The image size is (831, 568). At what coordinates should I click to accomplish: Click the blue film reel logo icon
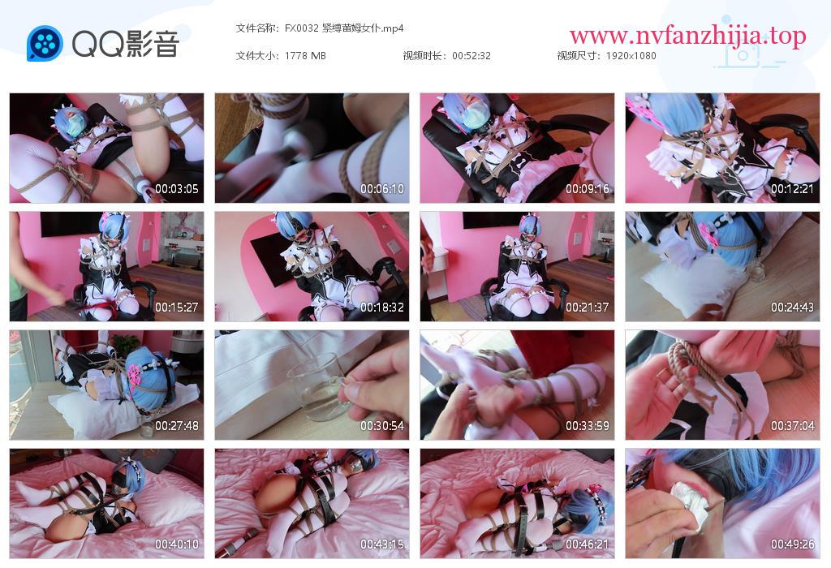pos(45,44)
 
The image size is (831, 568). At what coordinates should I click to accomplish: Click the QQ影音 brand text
pos(126,44)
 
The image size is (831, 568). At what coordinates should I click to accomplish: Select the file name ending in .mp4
pos(344,28)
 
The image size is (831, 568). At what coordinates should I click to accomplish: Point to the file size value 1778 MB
pos(305,56)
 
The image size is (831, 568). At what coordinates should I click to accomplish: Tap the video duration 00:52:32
pos(471,56)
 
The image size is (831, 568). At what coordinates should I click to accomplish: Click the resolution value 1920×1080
pos(631,56)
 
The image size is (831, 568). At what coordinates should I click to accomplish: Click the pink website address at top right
pos(688,36)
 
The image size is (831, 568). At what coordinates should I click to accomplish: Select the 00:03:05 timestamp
pos(176,188)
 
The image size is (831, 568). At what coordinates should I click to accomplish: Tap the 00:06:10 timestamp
pos(382,188)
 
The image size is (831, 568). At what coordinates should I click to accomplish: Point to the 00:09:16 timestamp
pos(588,188)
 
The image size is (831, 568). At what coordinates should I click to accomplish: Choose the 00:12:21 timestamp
pos(792,188)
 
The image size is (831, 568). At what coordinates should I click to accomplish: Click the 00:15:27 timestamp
pos(176,308)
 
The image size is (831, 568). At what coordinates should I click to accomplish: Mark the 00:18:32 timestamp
pos(382,308)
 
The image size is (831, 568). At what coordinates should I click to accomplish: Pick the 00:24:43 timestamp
pos(792,308)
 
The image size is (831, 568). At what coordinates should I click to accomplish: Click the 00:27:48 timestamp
pos(176,426)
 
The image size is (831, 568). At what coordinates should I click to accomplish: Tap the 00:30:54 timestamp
pos(382,426)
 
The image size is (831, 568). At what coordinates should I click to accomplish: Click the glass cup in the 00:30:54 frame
pos(317,391)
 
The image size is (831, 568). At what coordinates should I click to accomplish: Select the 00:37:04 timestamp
pos(792,426)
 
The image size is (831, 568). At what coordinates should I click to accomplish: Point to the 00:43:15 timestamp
pos(382,544)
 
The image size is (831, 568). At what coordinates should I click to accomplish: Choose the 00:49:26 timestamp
pos(792,544)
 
